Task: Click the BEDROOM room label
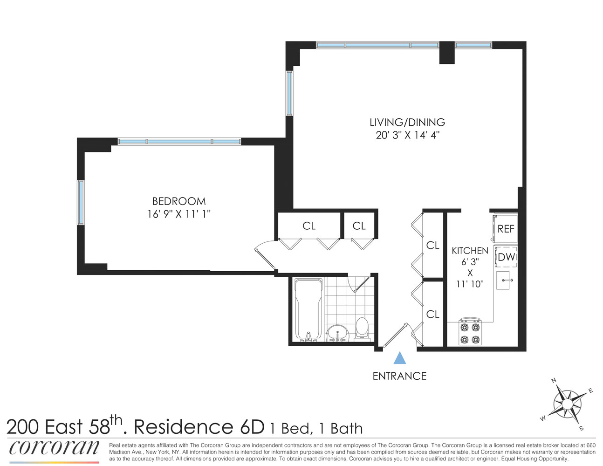[x=179, y=201]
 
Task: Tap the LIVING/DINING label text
[x=407, y=123]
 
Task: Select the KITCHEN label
[x=470, y=251]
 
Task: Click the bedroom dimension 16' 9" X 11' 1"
[x=179, y=214]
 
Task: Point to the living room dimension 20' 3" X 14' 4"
[x=408, y=136]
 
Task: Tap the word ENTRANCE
[x=399, y=376]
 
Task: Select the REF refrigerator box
[x=506, y=228]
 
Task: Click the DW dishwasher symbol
[x=506, y=257]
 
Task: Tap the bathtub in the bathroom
[x=308, y=310]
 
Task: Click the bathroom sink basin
[x=337, y=333]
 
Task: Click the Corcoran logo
[x=54, y=448]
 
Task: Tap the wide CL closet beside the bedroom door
[x=309, y=226]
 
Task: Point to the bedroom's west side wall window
[x=81, y=203]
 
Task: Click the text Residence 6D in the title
[x=199, y=427]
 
